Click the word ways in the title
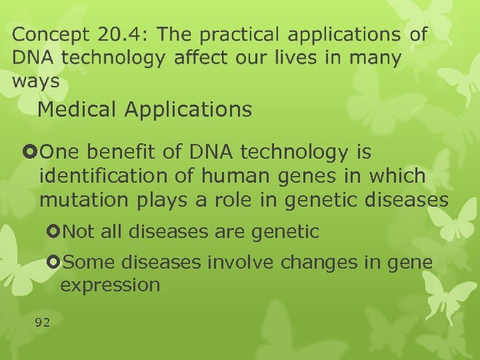click(x=35, y=81)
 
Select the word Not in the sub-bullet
click(x=79, y=232)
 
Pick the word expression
click(x=110, y=285)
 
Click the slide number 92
click(x=43, y=323)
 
